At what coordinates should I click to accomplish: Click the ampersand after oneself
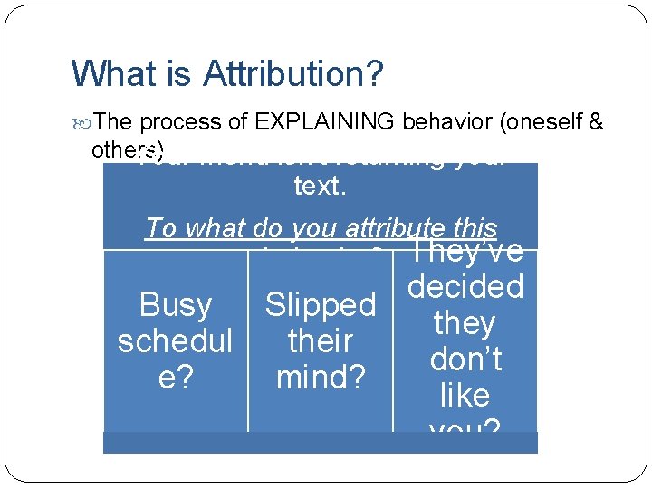tap(596, 122)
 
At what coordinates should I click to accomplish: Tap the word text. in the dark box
tap(320, 187)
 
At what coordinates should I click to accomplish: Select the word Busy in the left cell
tap(176, 305)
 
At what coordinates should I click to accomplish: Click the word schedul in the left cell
tap(176, 341)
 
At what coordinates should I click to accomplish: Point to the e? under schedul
tap(176, 378)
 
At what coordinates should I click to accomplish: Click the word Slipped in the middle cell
tap(320, 305)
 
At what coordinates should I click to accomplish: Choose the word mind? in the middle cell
tap(320, 378)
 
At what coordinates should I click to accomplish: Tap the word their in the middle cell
tap(320, 341)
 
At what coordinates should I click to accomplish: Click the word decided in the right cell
tap(465, 287)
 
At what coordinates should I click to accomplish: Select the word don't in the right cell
tap(465, 360)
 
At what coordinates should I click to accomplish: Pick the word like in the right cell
tap(465, 396)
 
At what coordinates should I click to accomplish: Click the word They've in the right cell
tap(465, 252)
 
